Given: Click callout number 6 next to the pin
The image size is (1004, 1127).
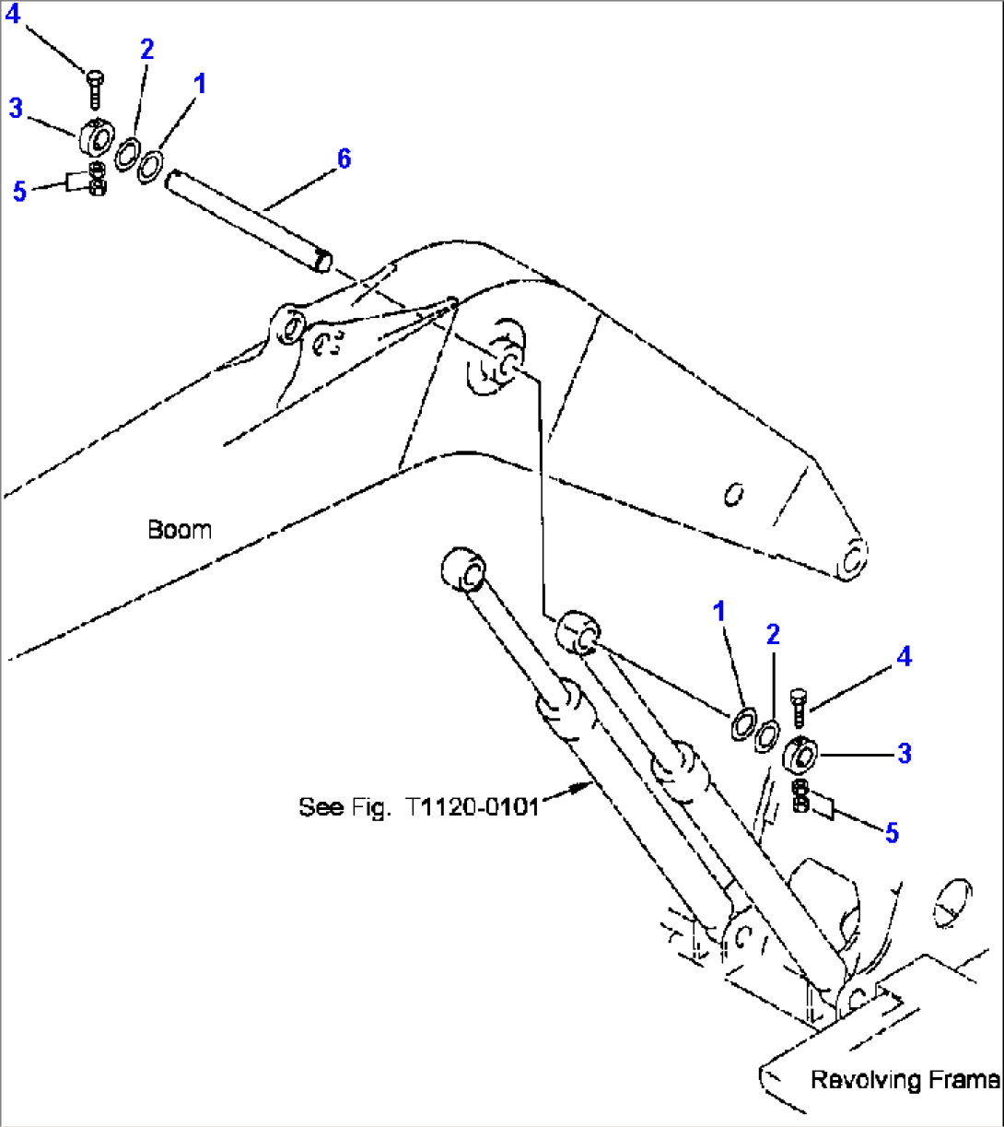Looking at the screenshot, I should [x=343, y=158].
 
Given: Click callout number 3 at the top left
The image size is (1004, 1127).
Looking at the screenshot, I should [x=15, y=108].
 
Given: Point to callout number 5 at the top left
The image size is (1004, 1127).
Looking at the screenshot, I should [x=19, y=193].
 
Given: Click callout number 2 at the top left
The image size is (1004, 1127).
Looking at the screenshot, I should [x=146, y=50].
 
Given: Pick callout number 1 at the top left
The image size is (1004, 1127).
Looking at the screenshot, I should [x=200, y=84].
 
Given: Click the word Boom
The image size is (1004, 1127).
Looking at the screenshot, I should [x=179, y=530].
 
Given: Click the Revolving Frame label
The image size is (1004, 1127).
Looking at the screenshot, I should [x=904, y=1079].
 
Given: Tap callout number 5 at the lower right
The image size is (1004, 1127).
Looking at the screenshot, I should [x=891, y=832].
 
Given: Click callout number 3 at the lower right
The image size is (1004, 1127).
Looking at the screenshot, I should [x=904, y=753].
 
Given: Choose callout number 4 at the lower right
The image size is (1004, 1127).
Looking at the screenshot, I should [x=904, y=656].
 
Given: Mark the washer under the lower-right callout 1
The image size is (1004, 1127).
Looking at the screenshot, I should [x=742, y=724].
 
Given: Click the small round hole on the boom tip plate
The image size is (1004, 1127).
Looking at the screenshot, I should [x=734, y=496].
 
